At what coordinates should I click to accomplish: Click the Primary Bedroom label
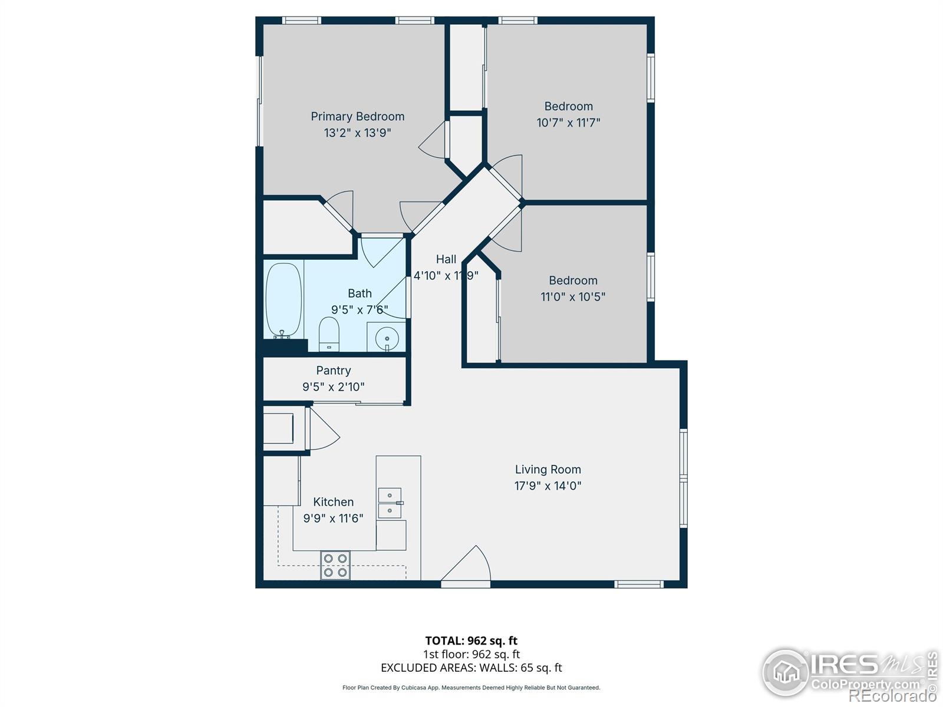click(x=357, y=117)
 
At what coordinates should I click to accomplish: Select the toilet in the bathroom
click(x=329, y=333)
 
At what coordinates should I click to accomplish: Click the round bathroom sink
click(x=387, y=339)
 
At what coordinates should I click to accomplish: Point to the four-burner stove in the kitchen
click(x=335, y=564)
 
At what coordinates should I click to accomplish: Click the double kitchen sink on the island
click(x=390, y=503)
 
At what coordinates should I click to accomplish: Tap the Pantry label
click(x=333, y=371)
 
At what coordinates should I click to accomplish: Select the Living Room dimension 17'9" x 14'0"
click(x=548, y=486)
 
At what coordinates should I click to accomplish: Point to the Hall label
click(x=446, y=259)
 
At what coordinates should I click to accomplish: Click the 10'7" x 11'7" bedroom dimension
click(x=568, y=123)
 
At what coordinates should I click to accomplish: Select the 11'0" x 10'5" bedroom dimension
click(x=573, y=297)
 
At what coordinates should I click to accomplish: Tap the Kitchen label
click(x=333, y=502)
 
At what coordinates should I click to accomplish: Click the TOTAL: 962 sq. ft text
click(x=471, y=640)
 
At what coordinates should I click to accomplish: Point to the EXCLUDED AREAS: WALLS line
click(x=471, y=668)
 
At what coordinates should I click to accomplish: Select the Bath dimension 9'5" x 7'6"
click(x=360, y=310)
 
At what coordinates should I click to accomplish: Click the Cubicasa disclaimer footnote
click(x=471, y=688)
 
